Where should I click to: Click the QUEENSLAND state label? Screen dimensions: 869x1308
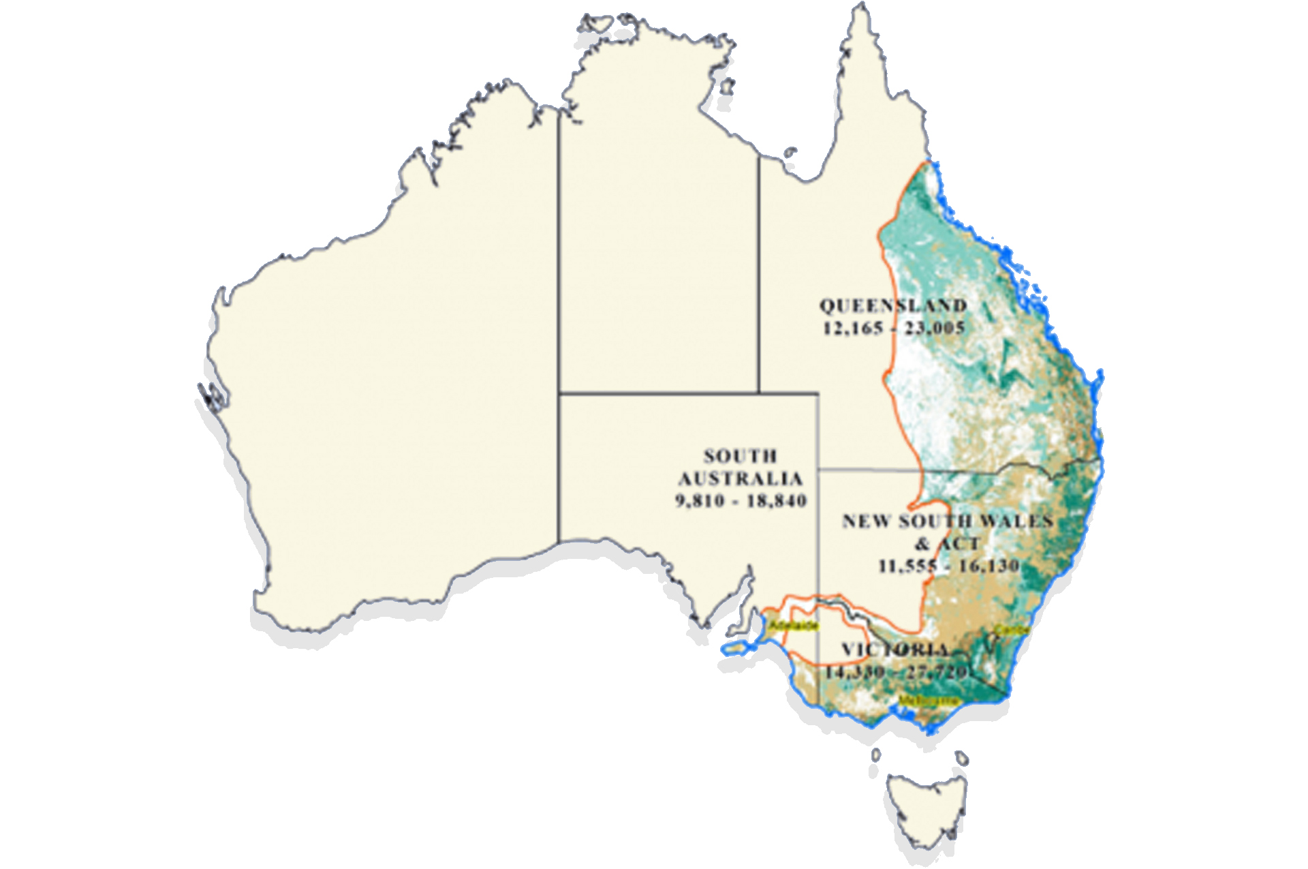coord(892,306)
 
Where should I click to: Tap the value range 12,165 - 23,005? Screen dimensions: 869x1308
coord(894,329)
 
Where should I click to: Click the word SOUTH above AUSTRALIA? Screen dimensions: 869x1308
coord(740,456)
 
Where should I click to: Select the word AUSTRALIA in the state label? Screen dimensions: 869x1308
coord(741,478)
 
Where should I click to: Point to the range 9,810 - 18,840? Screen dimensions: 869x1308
coord(741,501)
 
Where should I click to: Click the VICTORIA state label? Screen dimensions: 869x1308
coord(894,650)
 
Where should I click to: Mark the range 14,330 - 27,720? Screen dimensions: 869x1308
coord(895,672)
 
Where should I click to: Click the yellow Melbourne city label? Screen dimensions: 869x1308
coord(928,701)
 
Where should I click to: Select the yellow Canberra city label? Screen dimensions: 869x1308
coord(1011,630)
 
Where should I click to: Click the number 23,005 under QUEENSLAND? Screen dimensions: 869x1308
coord(935,329)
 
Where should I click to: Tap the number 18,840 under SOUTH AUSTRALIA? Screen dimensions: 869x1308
coord(777,501)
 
